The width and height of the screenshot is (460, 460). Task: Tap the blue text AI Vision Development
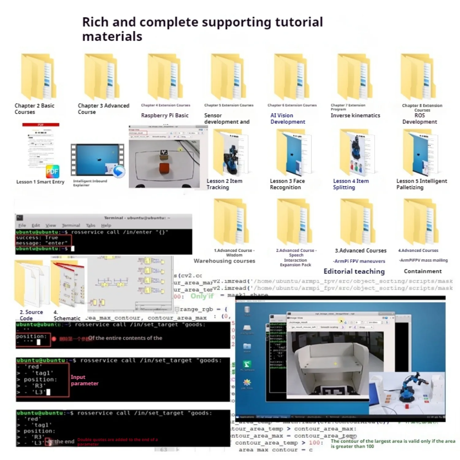coord(287,118)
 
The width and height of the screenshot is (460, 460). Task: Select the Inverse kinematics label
coord(355,115)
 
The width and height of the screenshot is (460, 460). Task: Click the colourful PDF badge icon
coord(52,171)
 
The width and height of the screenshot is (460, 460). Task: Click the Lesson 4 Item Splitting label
coord(351,184)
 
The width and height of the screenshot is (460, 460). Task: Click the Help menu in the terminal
coord(106,225)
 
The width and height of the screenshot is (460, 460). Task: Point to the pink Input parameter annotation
coord(84,380)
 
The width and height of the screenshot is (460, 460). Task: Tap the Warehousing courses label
coord(224,261)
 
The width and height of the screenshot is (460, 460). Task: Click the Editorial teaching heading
coord(354,271)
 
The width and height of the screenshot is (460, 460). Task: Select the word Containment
coord(423,271)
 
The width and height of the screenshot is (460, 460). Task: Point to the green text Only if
coord(202,296)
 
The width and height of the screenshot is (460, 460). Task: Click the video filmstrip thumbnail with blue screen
coord(98,159)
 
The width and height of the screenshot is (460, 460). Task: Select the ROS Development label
coord(420,118)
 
